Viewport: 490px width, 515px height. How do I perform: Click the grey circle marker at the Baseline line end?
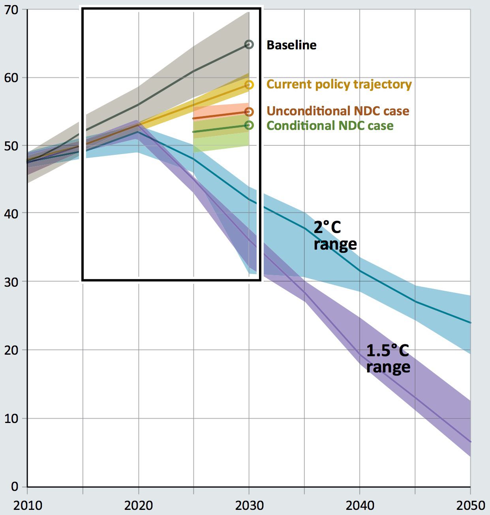coord(249,44)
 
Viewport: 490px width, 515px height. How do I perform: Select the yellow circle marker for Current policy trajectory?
coord(249,85)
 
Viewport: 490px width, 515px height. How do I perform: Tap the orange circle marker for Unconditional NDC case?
coord(249,112)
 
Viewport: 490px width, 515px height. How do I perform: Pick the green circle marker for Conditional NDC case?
coord(249,125)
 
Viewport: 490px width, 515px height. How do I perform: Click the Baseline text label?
coord(291,45)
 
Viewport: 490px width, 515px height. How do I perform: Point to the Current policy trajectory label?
coord(339,85)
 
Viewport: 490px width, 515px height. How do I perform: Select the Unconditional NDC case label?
coord(338,111)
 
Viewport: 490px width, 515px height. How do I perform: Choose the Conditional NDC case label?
coord(330,126)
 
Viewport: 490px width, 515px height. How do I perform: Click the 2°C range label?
coord(335,236)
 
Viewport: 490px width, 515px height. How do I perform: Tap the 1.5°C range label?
coord(388,359)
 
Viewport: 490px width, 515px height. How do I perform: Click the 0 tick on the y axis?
coord(15,486)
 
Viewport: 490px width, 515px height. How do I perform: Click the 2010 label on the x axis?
coord(27,505)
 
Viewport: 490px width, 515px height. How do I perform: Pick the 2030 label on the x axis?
coord(249,505)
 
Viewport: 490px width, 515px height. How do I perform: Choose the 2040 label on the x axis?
coord(359,505)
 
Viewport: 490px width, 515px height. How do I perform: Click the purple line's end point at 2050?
coord(470,442)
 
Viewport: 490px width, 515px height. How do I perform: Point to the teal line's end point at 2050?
coord(470,323)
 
